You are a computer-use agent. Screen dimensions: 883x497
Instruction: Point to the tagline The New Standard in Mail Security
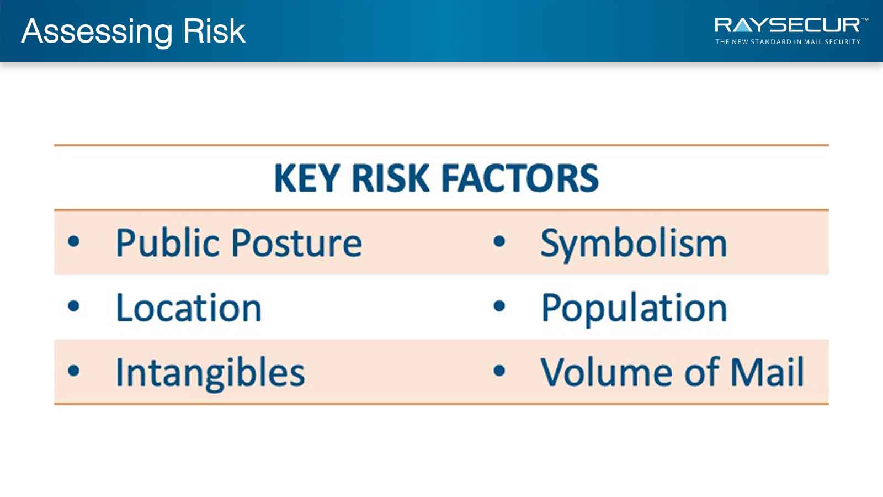click(x=788, y=42)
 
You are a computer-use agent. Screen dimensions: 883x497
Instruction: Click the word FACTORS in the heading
click(x=520, y=178)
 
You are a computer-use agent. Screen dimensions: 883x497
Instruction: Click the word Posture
click(x=296, y=244)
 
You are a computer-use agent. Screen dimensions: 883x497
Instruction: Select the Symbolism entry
click(x=634, y=245)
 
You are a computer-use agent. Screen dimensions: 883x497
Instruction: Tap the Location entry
click(x=188, y=308)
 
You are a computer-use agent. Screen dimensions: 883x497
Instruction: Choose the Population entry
click(x=634, y=309)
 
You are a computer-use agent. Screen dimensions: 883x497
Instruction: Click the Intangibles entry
click(x=210, y=373)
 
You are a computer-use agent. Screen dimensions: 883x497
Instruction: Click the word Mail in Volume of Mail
click(x=767, y=372)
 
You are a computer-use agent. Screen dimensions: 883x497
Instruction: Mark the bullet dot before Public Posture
click(x=74, y=241)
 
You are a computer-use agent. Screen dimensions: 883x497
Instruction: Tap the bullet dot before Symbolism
click(x=499, y=241)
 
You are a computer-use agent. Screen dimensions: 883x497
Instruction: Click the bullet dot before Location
click(x=74, y=306)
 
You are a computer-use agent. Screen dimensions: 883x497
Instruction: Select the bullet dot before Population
click(x=499, y=306)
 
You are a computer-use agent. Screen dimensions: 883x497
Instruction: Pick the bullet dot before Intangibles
click(x=74, y=371)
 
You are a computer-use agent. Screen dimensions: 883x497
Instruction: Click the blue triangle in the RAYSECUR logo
click(x=743, y=27)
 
